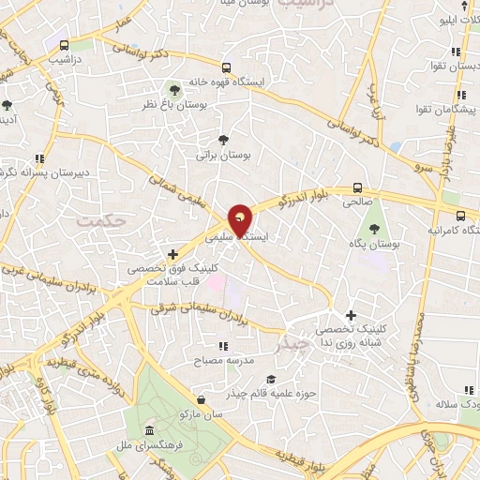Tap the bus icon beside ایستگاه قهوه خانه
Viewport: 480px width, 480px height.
(x=226, y=68)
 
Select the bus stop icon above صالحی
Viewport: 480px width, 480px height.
(x=357, y=187)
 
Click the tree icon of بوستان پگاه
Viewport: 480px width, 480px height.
(x=375, y=227)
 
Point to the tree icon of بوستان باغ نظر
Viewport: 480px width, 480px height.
(x=173, y=89)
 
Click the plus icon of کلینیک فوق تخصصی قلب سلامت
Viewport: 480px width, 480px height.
(x=172, y=253)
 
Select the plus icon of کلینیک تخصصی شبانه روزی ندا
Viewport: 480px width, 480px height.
(x=352, y=315)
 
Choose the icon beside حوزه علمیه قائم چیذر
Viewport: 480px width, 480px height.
(x=270, y=379)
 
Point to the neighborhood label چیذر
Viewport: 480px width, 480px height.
(x=297, y=344)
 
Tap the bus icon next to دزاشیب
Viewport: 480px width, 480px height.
(x=64, y=45)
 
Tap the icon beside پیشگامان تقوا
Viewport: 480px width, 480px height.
(x=459, y=96)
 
